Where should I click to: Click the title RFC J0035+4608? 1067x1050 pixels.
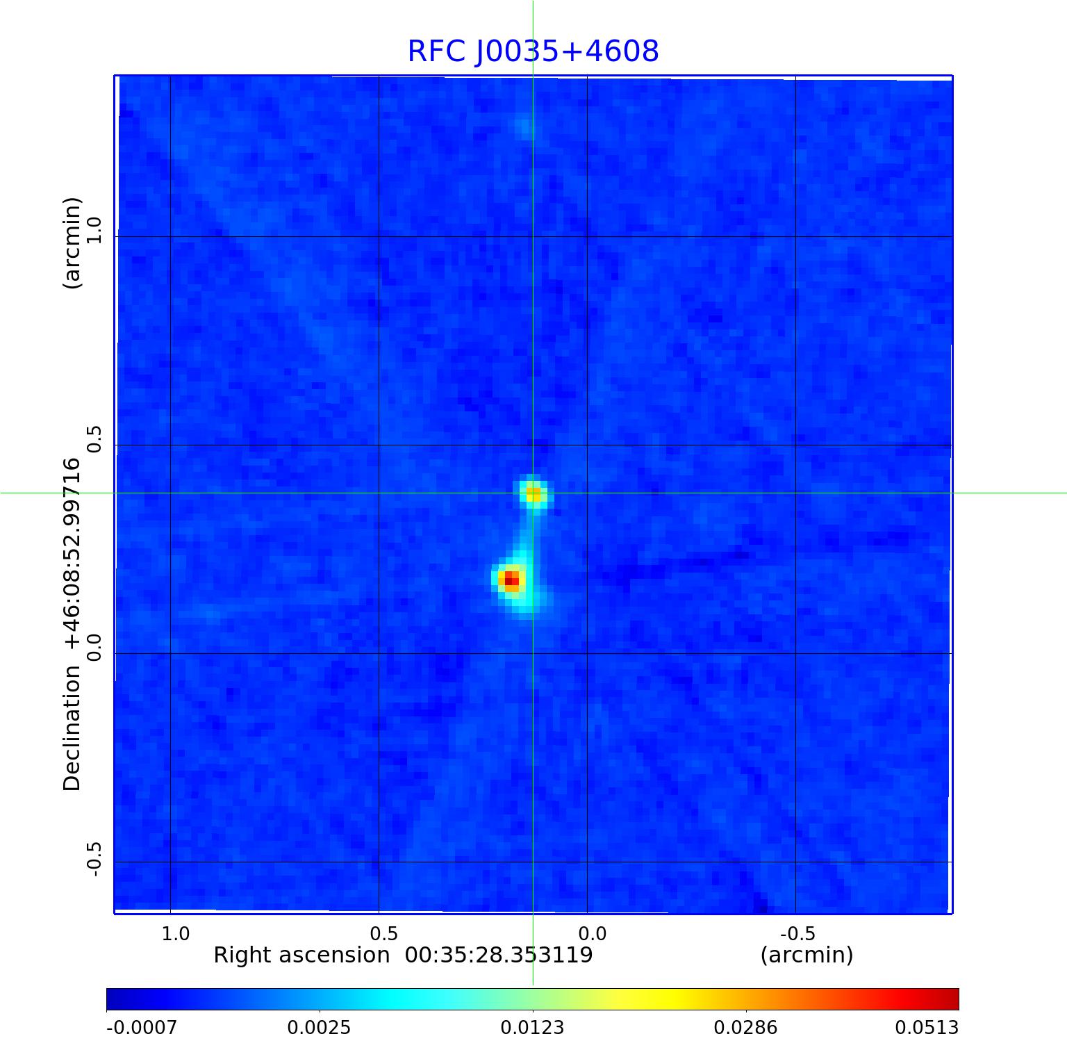(x=533, y=51)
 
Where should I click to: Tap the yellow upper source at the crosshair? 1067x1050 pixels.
(x=533, y=494)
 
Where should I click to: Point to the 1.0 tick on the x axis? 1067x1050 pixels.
(x=176, y=933)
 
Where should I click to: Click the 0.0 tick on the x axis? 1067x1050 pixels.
(x=593, y=933)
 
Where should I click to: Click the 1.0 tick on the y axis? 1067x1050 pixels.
(x=94, y=229)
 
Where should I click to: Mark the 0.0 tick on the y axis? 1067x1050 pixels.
(x=94, y=646)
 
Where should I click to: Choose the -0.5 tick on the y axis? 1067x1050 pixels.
(x=94, y=859)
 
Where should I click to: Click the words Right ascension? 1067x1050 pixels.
(x=301, y=955)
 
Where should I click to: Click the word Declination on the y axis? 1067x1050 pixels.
(x=72, y=728)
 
